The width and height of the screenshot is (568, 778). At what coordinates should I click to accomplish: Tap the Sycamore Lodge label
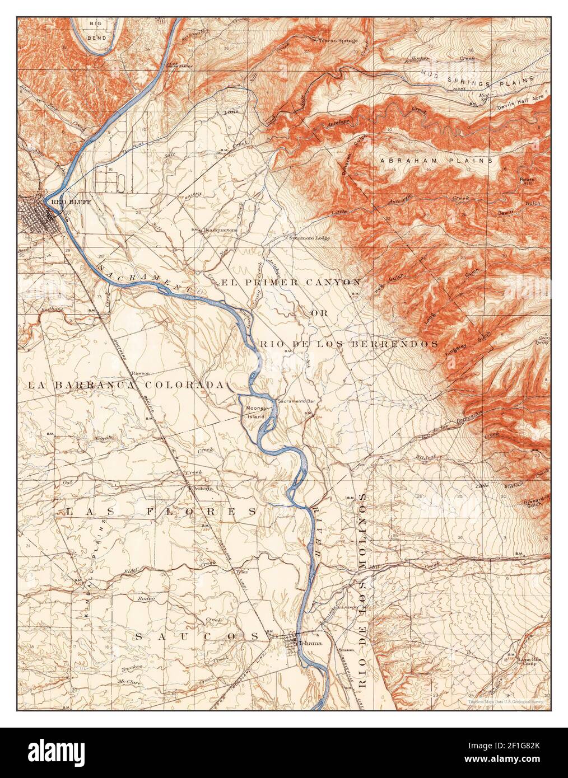[309, 238]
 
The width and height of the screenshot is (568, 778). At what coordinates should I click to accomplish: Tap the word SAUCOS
[197, 636]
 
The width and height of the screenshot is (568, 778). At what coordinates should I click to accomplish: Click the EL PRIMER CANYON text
[291, 282]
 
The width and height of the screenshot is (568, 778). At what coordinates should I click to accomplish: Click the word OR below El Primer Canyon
[316, 313]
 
